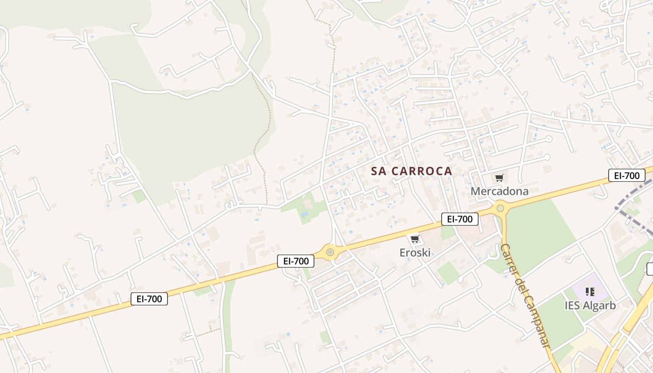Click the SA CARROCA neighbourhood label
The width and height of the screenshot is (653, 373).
click(411, 171)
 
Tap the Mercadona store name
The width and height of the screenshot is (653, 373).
click(499, 191)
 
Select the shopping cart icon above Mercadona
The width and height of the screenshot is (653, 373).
click(500, 178)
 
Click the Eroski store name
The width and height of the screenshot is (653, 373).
click(415, 253)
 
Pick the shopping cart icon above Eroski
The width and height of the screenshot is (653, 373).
click(415, 239)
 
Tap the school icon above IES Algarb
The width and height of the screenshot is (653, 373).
click(590, 292)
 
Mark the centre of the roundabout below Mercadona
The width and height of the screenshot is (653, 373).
click(500, 208)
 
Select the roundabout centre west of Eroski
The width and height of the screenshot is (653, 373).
click(330, 252)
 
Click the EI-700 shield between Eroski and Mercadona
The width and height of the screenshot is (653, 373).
click(459, 219)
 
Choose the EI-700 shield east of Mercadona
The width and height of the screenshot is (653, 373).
click(626, 176)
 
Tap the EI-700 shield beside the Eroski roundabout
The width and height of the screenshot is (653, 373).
click(296, 261)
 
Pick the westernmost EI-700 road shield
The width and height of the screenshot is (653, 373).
click(149, 299)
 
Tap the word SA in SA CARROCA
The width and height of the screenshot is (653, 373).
click(379, 171)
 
